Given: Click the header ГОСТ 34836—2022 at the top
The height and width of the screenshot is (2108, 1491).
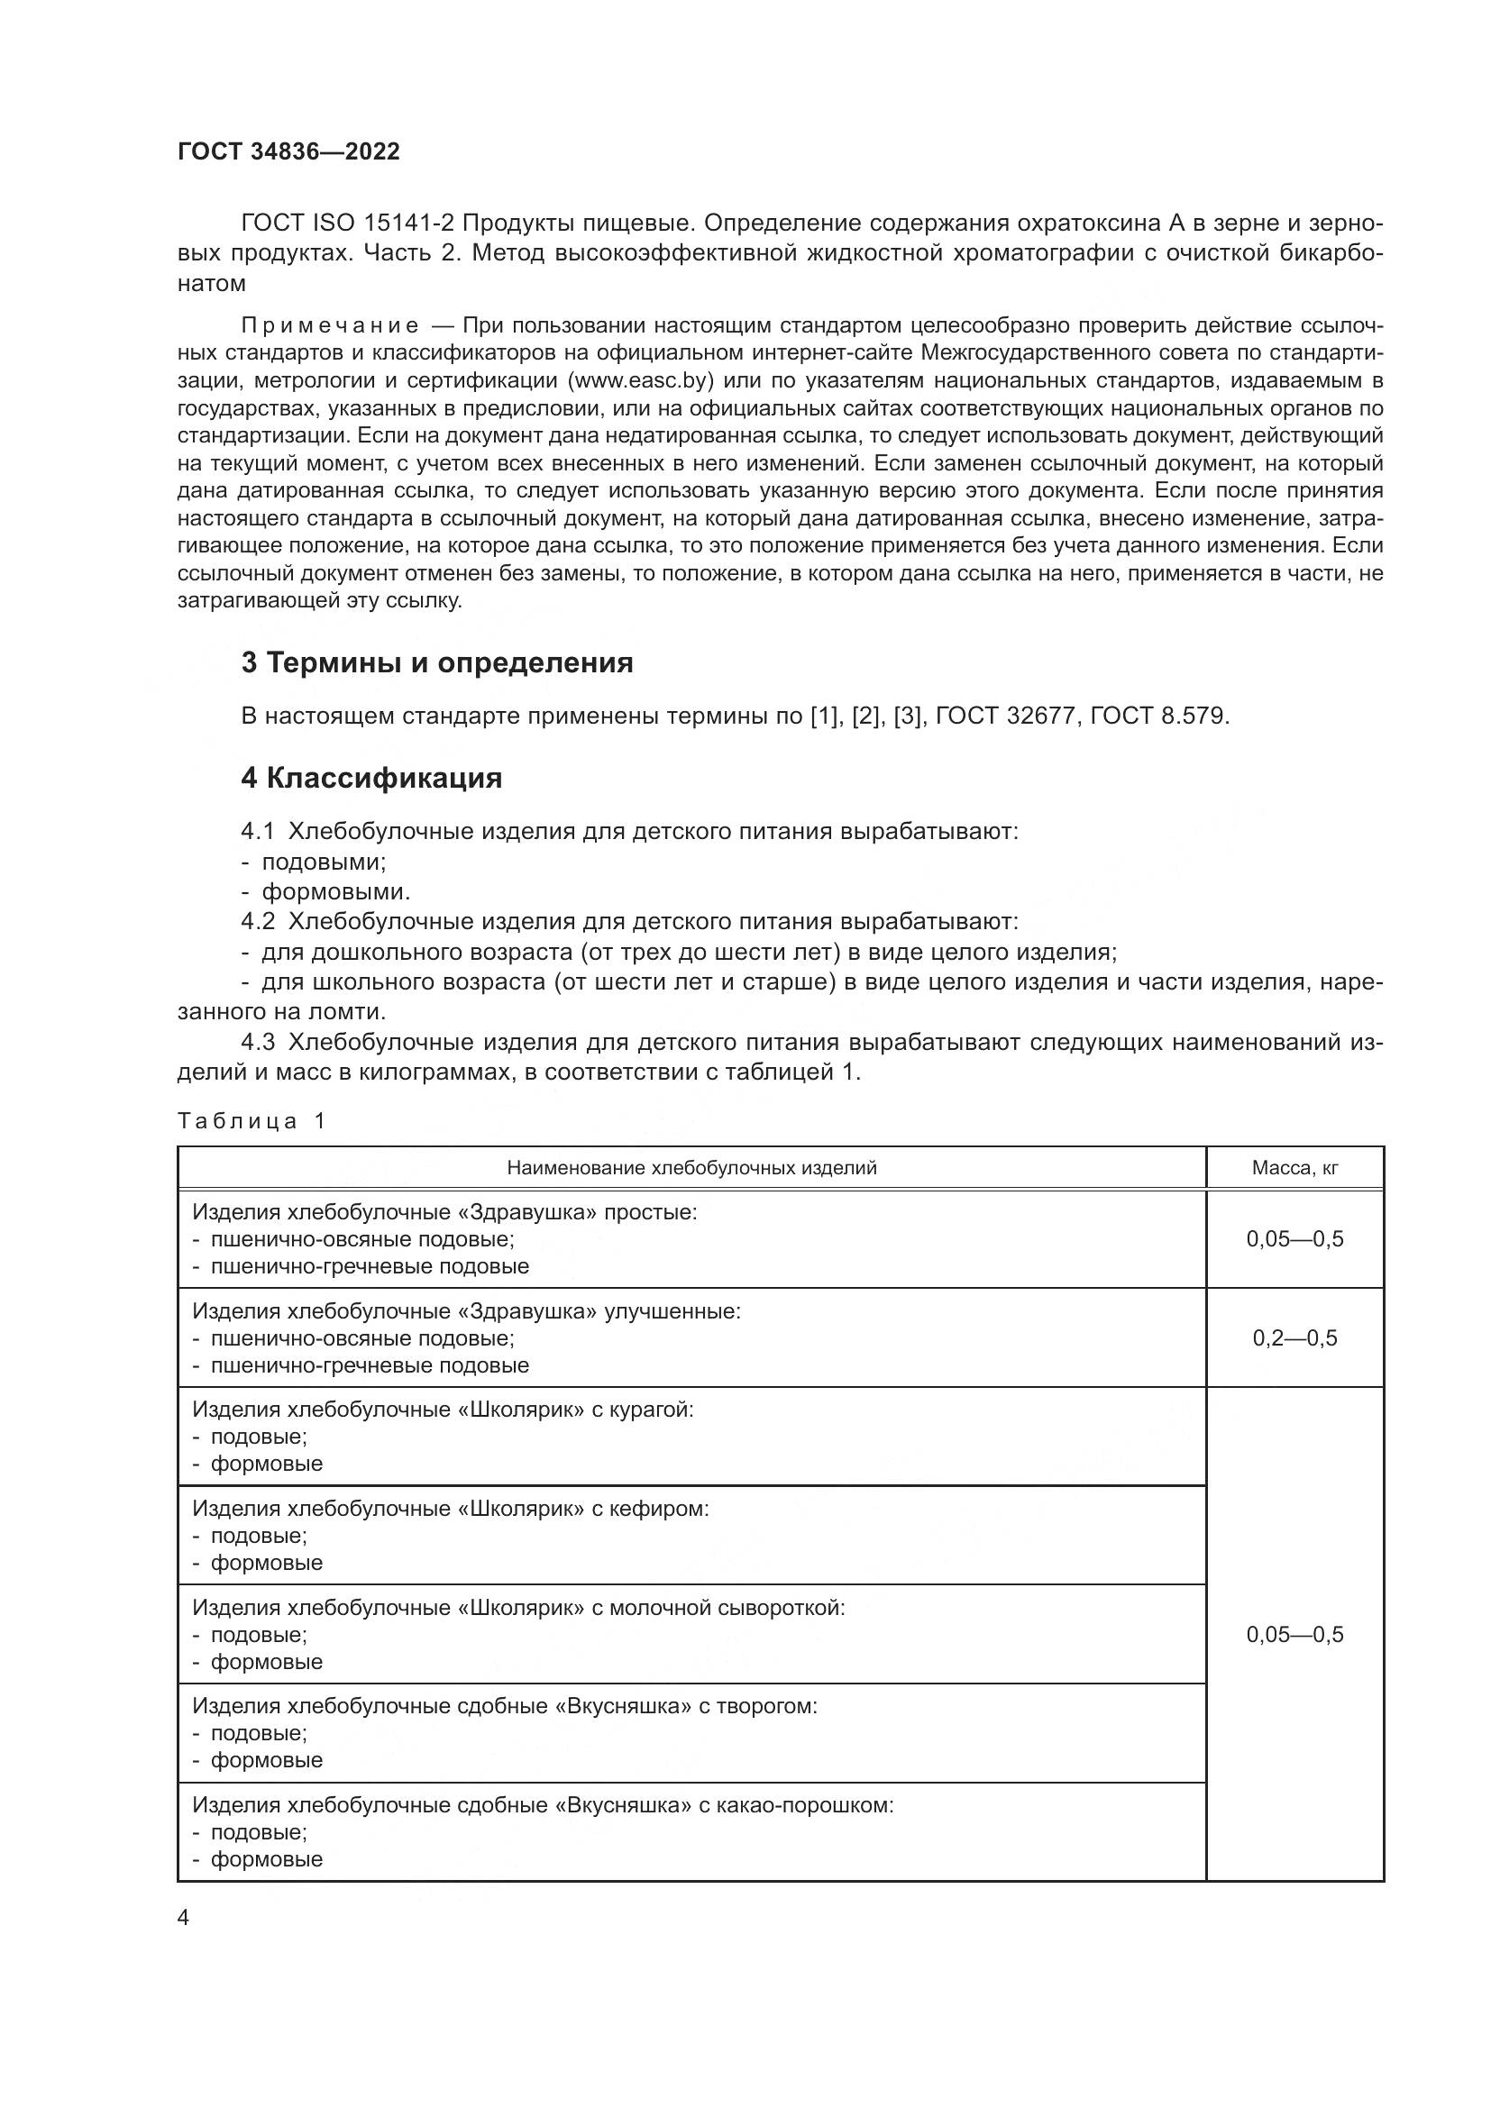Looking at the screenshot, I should pyautogui.click(x=288, y=152).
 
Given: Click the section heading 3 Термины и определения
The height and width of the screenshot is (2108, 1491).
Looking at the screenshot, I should pyautogui.click(x=437, y=663).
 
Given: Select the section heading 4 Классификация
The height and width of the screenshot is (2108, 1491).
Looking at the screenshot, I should pyautogui.click(x=370, y=779).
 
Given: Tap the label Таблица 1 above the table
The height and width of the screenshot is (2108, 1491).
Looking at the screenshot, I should pyautogui.click(x=252, y=1121).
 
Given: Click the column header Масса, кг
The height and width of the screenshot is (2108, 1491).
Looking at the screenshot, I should pyautogui.click(x=1294, y=1168).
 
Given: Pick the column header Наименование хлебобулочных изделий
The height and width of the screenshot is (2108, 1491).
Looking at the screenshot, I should pyautogui.click(x=691, y=1168).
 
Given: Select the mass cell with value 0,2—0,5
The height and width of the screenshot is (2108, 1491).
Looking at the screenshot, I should pyautogui.click(x=1294, y=1337).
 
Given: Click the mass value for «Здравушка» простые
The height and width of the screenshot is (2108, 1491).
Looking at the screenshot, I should pyautogui.click(x=1294, y=1239).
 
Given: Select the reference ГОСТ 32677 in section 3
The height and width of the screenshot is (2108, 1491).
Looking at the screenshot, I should pyautogui.click(x=1005, y=716).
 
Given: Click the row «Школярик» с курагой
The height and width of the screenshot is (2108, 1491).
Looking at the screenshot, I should pyautogui.click(x=443, y=1410).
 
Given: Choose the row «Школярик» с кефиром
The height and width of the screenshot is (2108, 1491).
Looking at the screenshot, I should pyautogui.click(x=450, y=1509).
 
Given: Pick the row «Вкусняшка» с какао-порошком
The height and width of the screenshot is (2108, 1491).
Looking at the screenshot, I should pyautogui.click(x=542, y=1805).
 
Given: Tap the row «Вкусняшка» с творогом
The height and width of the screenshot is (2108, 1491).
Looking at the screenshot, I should pyautogui.click(x=504, y=1706).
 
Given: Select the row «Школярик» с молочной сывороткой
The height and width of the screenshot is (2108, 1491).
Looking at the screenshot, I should pyautogui.click(x=517, y=1608).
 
